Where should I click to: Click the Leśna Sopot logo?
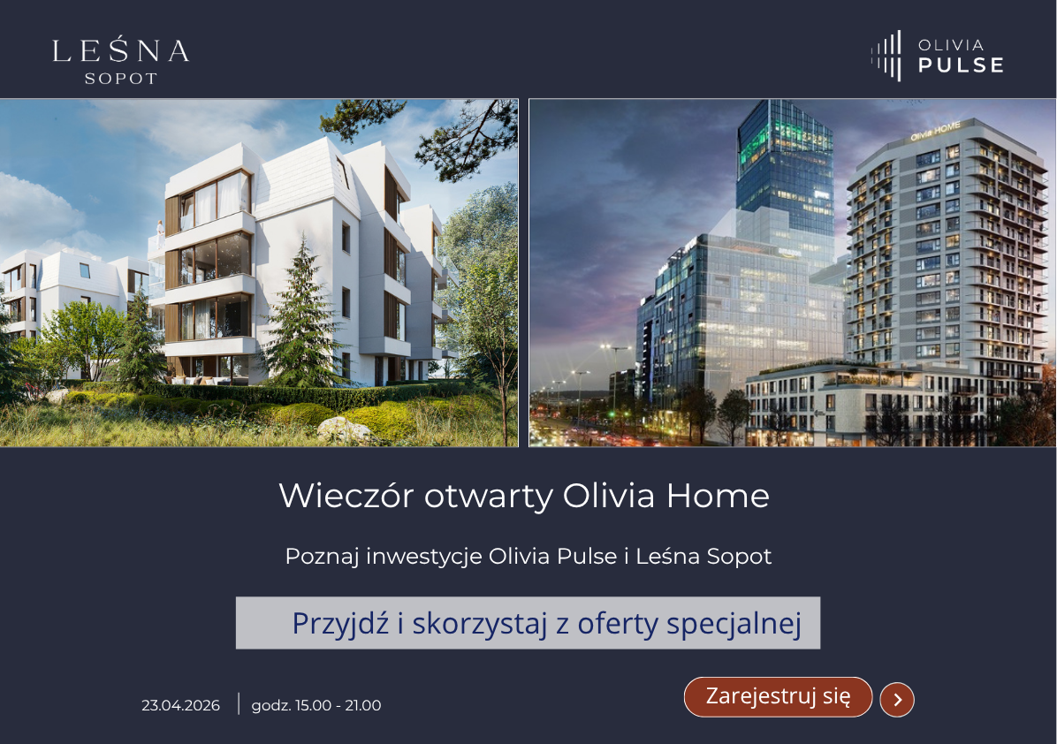point(121,60)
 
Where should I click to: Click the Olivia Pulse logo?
point(938,56)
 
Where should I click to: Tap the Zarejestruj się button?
point(778,696)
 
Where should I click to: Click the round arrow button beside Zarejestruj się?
point(897,700)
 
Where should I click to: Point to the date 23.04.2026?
point(180,706)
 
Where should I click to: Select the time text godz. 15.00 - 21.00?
point(316,706)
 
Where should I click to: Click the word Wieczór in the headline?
point(346,496)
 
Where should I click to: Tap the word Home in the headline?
point(718,496)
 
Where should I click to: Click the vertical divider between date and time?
point(239,704)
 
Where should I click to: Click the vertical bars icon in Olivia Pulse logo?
point(887,56)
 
